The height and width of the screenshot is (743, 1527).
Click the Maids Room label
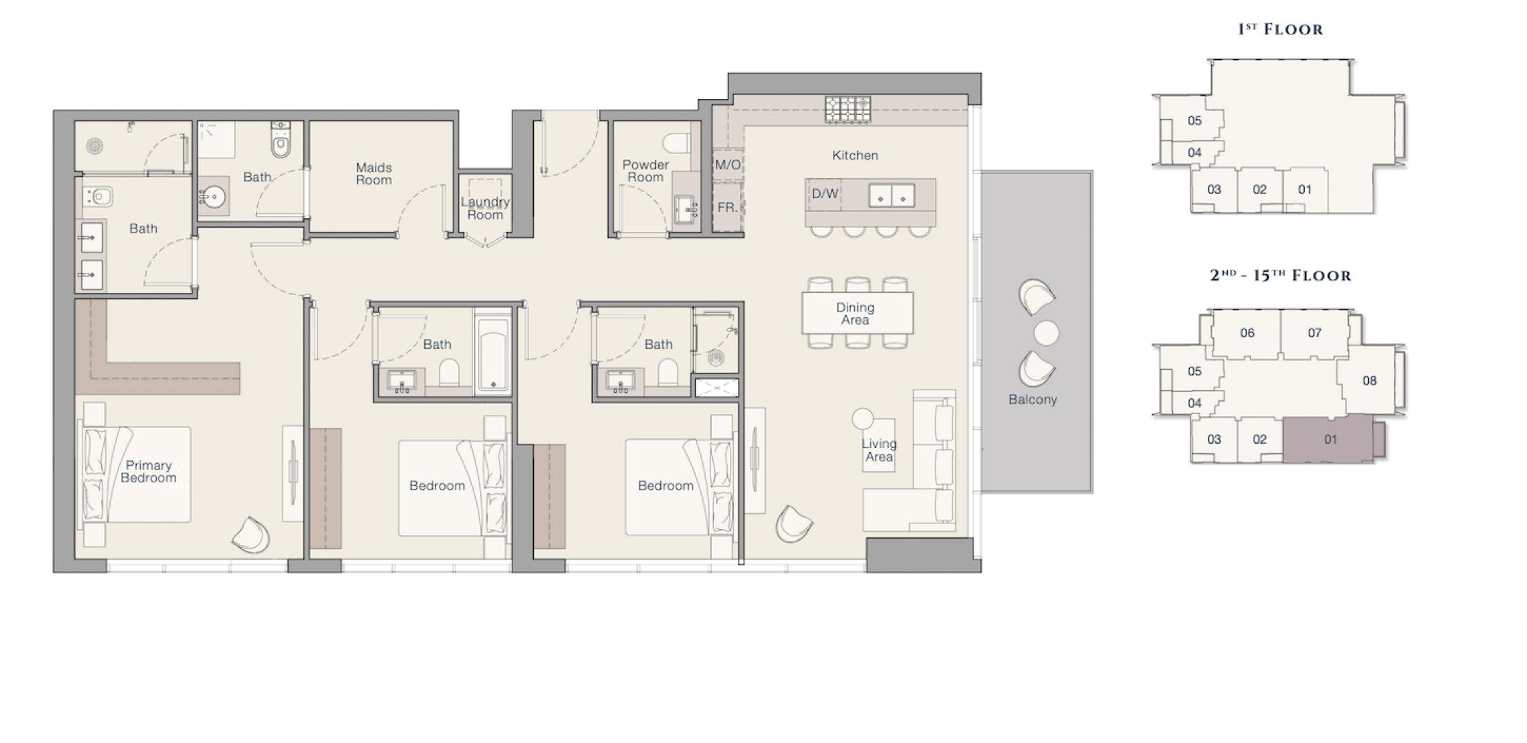pos(373,174)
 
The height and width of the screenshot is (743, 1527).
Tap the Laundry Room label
pos(485,208)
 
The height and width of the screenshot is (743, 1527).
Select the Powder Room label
pos(645,171)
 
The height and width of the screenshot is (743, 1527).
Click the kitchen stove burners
pos(848,109)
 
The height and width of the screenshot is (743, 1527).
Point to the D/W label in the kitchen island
pos(825,194)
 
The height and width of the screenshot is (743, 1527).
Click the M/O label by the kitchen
pos(728,165)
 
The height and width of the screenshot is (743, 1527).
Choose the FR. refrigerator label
pos(727,207)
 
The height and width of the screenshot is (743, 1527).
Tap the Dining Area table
pos(858,313)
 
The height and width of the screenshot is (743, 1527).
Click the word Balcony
pos(1032,400)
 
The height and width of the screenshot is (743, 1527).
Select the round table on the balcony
pos(1046,333)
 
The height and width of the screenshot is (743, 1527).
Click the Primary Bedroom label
pos(148,472)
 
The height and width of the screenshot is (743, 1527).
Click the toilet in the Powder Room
pos(675,142)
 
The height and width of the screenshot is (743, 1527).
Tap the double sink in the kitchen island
pos(891,196)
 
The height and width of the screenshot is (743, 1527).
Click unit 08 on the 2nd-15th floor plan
pos(1369,380)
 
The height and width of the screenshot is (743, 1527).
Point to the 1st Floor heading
pos(1280,29)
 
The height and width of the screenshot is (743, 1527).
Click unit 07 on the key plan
pos(1314,333)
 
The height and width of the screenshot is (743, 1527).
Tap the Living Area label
pos(879,450)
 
